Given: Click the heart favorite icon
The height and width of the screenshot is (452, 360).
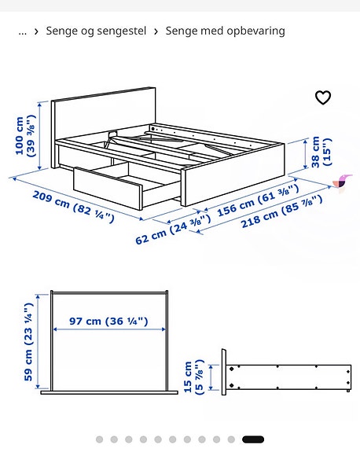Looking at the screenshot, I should point(323,97).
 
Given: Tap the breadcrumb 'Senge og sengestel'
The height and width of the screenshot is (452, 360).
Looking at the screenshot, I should point(96,31).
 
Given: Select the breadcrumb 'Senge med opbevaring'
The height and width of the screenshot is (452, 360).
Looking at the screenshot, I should point(225,31).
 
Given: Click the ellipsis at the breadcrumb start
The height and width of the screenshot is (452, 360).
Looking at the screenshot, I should point(22,31).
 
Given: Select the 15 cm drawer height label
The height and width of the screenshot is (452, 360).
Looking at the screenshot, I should point(193,377).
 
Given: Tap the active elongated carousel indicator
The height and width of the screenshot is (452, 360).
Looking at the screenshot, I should point(253,439).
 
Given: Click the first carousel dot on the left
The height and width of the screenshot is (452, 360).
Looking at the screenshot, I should point(99,439).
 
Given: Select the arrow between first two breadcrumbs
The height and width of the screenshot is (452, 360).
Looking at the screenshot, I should point(37,31).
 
